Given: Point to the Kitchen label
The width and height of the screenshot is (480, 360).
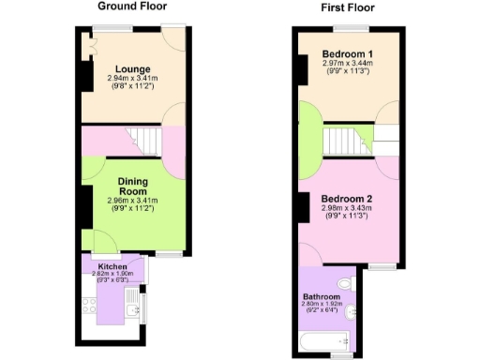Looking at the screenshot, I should point(112,266).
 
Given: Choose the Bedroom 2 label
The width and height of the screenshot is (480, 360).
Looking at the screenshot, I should point(347,199).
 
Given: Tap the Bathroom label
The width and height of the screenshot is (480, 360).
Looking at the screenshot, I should point(321,297).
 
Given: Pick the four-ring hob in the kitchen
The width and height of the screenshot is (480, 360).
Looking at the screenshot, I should point(91,304).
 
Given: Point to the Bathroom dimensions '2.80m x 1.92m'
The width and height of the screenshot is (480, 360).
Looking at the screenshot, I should point(321,305).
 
